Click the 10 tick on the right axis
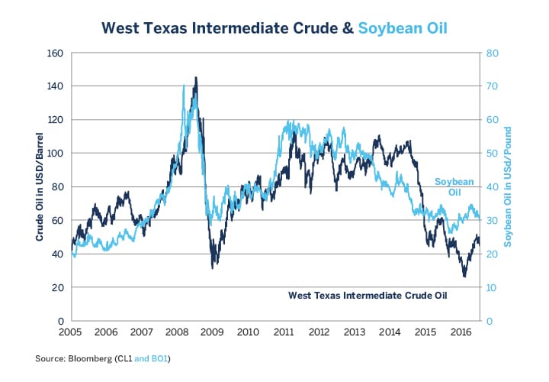click(493, 287)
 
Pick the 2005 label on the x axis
click(71, 333)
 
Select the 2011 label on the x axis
click(284, 333)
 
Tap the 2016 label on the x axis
click(461, 333)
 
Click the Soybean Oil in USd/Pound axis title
click(508, 186)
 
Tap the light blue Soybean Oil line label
click(454, 186)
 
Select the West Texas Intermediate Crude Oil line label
click(368, 294)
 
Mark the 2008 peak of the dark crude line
click(196, 77)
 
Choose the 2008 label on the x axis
click(178, 333)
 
